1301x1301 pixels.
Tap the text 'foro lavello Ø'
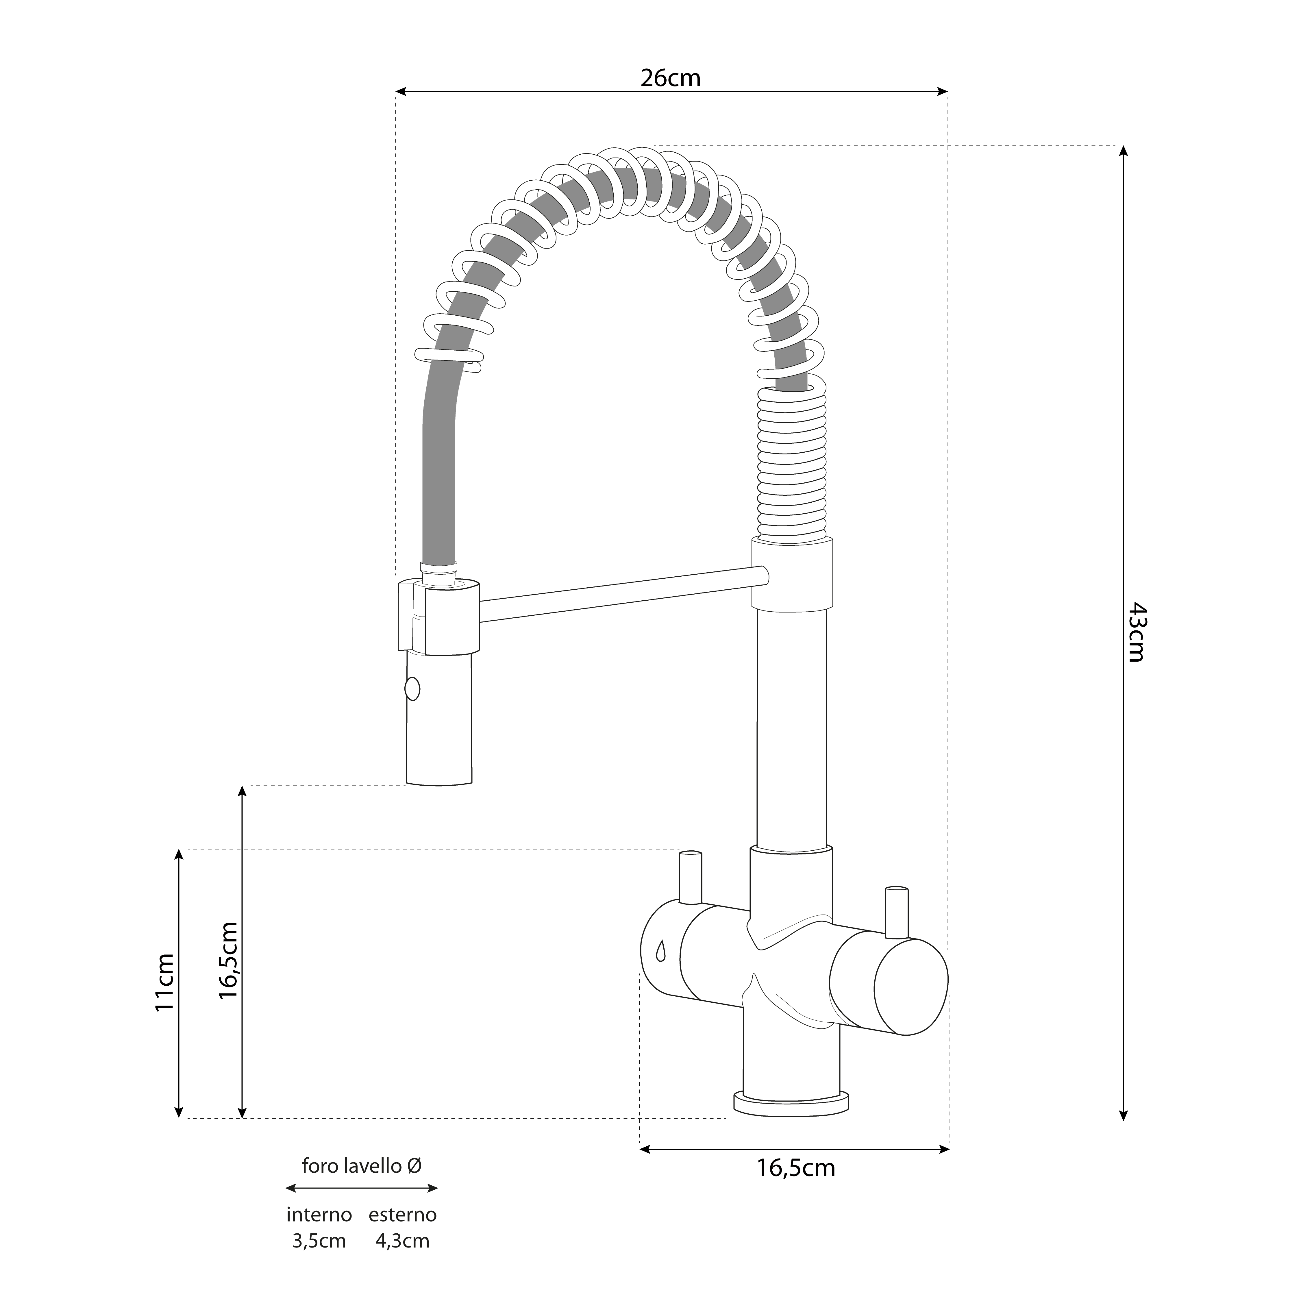pyautogui.click(x=362, y=1166)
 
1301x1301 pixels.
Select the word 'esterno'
pyautogui.click(x=403, y=1215)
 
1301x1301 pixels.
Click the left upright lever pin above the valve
pyautogui.click(x=690, y=878)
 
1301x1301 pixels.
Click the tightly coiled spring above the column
pyautogui.click(x=792, y=465)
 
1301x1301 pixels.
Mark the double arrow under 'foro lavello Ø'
pyautogui.click(x=362, y=1189)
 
